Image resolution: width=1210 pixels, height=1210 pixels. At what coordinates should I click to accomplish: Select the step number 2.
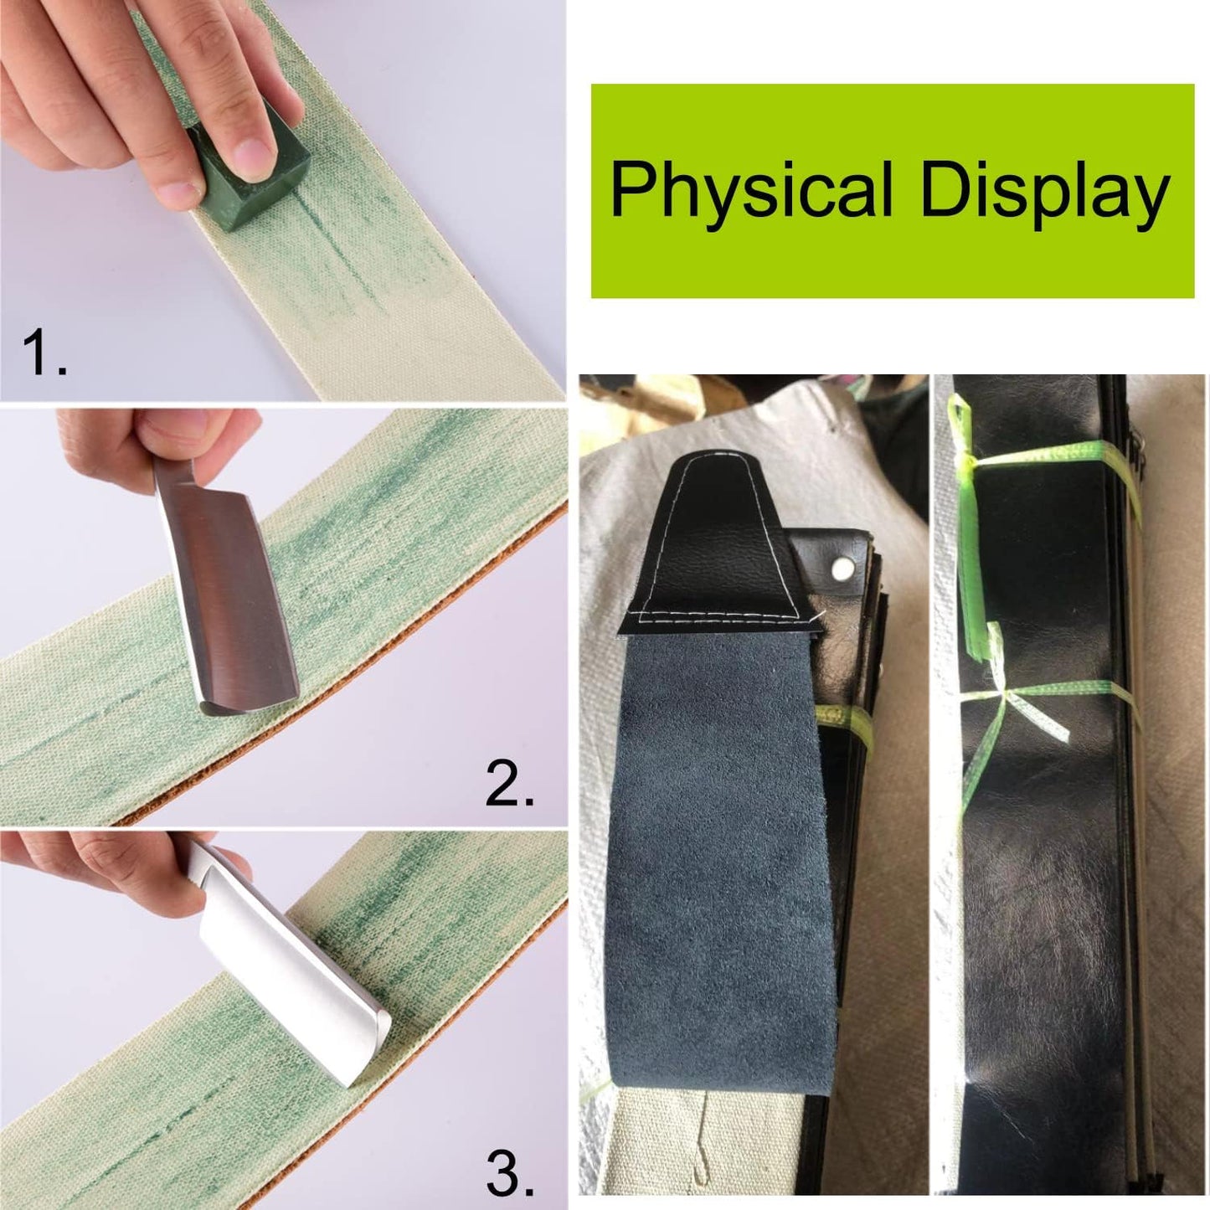click(510, 784)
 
